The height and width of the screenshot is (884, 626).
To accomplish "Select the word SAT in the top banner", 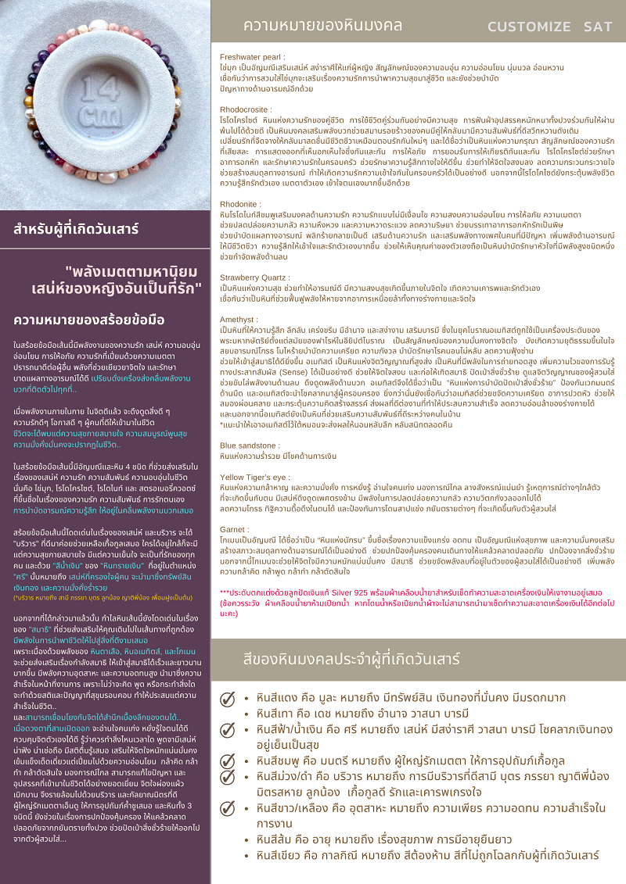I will point(598,27).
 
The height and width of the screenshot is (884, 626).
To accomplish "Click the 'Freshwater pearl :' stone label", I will point(251,57).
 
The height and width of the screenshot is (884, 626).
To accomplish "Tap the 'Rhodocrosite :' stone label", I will point(246,110).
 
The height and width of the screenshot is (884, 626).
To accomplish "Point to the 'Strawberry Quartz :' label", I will point(255,277).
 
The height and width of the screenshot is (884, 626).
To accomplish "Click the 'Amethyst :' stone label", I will point(239,320).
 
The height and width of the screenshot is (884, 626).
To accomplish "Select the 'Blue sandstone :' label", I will point(250,445).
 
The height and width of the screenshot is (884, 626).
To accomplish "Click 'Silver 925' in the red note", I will point(375,592).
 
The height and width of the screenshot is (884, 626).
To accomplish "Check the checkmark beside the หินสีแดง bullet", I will point(228,699).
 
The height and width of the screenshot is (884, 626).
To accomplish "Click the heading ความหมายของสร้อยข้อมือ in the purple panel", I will point(89,320).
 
